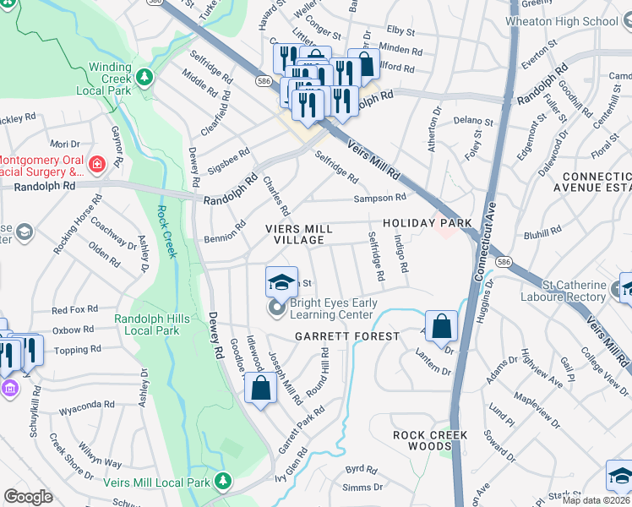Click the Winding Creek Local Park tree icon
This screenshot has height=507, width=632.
click(x=145, y=78)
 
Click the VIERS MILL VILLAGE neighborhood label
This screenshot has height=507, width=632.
click(x=295, y=235)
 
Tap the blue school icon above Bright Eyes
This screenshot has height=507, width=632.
click(x=281, y=281)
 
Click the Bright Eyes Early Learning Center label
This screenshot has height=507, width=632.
click(x=331, y=308)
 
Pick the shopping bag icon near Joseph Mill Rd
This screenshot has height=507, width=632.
click(x=261, y=390)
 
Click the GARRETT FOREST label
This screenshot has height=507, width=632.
click(x=346, y=336)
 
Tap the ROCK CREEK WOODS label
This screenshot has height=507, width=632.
click(x=430, y=440)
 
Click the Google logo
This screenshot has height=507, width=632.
click(x=28, y=497)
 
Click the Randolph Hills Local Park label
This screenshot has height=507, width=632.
click(x=148, y=325)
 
